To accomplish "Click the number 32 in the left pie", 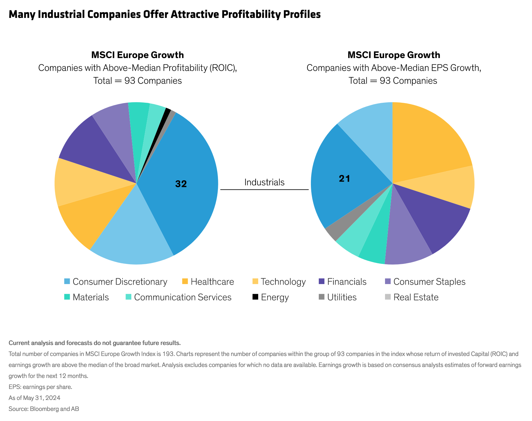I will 181,184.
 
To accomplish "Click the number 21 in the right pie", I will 344,179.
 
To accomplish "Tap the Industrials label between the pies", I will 264,182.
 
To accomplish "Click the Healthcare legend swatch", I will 185,282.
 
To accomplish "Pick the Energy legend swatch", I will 255,297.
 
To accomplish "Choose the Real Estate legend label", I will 416,297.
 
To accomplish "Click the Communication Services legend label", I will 182,297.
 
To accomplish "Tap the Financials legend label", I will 347,282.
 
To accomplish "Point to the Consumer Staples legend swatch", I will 388,282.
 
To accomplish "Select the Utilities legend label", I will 342,297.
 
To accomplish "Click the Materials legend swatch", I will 67,297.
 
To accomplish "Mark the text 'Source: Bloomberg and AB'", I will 44,409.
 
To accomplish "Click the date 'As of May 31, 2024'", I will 35,398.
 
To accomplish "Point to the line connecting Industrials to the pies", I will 264,190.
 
